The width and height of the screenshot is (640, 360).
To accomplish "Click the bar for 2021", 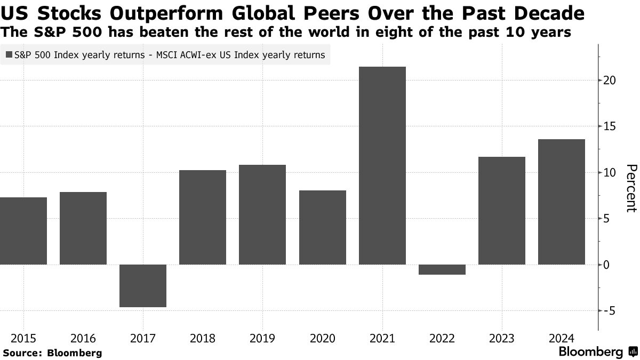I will coord(382,165).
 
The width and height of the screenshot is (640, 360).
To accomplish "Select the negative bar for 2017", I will coord(143,286).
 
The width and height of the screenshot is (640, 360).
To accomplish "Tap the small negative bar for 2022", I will coord(442,269).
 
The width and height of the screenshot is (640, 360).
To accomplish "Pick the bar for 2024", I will coord(562,202).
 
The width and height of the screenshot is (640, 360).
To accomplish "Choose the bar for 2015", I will coord(23,231).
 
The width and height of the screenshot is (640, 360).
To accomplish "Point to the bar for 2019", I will coord(262,214).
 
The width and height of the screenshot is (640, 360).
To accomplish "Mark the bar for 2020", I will coord(323,227).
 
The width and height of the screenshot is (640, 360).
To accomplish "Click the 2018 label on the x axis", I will coord(203,339).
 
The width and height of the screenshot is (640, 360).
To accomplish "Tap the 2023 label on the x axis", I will coord(502,339).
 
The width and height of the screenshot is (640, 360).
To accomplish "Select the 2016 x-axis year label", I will coord(83,339).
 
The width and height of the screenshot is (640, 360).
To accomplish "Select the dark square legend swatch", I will coord(9,54).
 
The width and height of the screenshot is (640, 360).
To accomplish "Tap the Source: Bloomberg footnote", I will coord(52,353).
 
